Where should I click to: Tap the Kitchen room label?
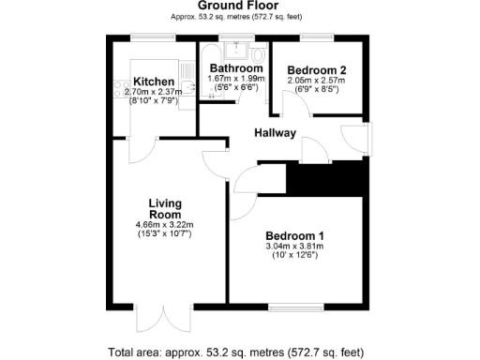click(153, 81)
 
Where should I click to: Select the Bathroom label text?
click(235, 68)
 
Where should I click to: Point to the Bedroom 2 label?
click(317, 70)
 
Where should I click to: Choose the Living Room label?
click(164, 207)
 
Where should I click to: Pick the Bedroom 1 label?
click(295, 235)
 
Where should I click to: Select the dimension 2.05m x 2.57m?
click(317, 82)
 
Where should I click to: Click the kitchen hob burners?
click(119, 90)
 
